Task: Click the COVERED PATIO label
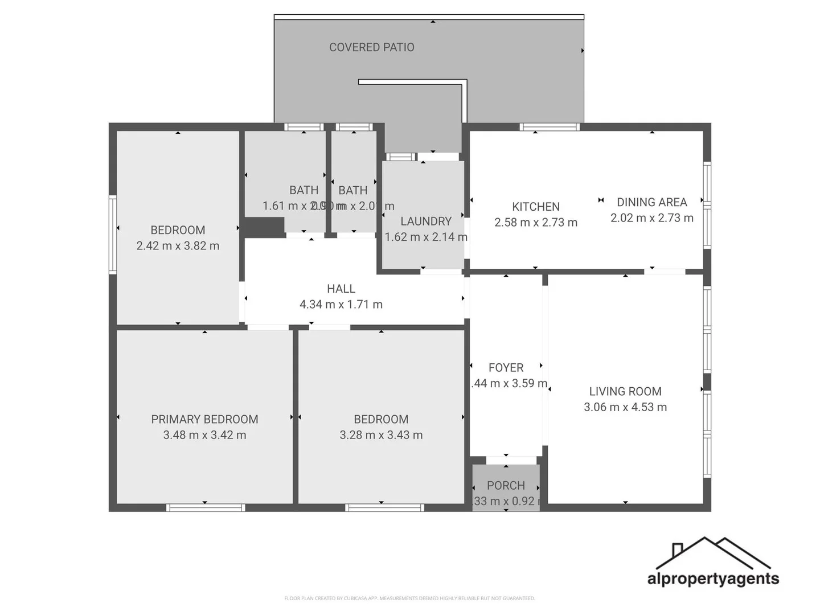(x=371, y=47)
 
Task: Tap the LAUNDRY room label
(x=425, y=221)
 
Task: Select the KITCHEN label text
(x=535, y=207)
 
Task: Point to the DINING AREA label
(x=651, y=202)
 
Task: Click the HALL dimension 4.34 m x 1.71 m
(x=341, y=304)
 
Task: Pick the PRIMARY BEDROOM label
(x=204, y=419)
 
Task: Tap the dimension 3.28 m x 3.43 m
(x=381, y=435)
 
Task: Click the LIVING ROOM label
(x=625, y=391)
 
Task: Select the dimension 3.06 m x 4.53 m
(x=625, y=407)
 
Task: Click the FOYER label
(x=506, y=368)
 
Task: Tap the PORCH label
(x=506, y=486)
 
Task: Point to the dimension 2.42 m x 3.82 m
(x=178, y=246)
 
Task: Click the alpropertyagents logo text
(x=712, y=579)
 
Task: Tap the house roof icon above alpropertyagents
(x=712, y=552)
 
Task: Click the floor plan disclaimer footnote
(x=409, y=598)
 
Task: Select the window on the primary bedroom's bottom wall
(x=206, y=507)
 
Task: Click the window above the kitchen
(x=549, y=127)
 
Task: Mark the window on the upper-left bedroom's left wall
(x=113, y=235)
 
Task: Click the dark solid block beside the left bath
(x=264, y=227)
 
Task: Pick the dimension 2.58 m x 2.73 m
(x=535, y=223)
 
